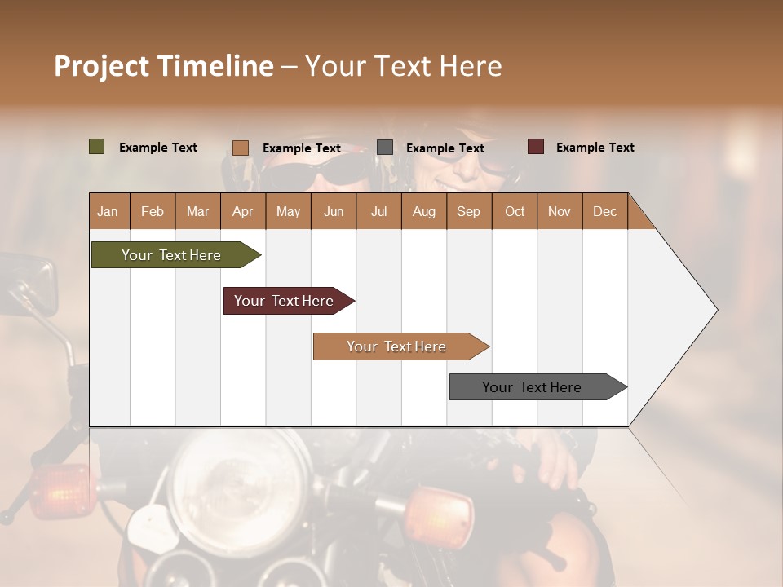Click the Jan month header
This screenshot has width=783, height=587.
pyautogui.click(x=108, y=211)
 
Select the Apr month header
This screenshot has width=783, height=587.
pyautogui.click(x=242, y=211)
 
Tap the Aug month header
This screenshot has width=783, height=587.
pyautogui.click(x=423, y=211)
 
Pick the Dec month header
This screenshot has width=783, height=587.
pyautogui.click(x=604, y=211)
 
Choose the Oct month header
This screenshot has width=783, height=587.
pyautogui.click(x=514, y=211)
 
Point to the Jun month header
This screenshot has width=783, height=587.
pyautogui.click(x=333, y=211)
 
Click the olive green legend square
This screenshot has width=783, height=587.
pyautogui.click(x=96, y=147)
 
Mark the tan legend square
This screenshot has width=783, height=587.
pyautogui.click(x=240, y=148)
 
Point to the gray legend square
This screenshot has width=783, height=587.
pyautogui.click(x=384, y=148)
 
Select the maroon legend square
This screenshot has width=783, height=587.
pyautogui.click(x=535, y=147)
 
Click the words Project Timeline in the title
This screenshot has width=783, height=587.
pyautogui.click(x=163, y=66)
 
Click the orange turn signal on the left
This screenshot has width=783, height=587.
pyautogui.click(x=60, y=491)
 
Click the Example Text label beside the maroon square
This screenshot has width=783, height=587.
pyautogui.click(x=595, y=147)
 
